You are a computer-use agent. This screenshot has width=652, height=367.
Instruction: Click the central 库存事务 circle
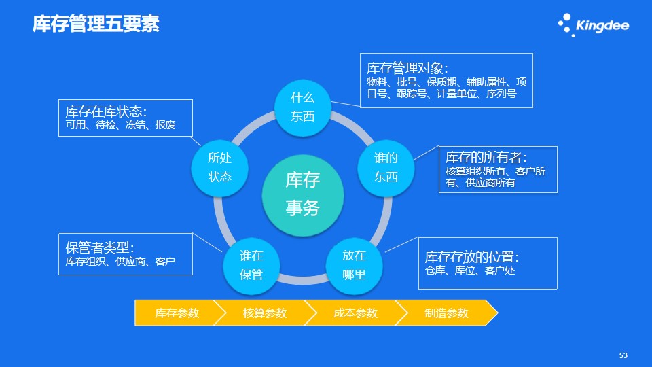[303, 195]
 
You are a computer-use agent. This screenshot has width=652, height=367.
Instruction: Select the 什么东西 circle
[303, 108]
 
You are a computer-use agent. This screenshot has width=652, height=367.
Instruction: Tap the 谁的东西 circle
[386, 168]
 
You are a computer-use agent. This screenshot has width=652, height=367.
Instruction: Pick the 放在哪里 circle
[354, 266]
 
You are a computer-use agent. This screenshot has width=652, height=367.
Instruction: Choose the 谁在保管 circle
[251, 266]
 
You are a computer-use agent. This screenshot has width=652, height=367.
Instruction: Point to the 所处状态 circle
[219, 168]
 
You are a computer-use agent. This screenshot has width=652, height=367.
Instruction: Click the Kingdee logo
[594, 25]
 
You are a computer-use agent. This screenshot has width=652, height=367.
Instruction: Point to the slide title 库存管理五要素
[96, 24]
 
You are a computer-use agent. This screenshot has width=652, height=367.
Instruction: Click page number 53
[623, 355]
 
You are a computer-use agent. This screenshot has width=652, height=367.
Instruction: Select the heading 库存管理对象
[407, 68]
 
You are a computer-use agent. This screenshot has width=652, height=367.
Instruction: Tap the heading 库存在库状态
[106, 111]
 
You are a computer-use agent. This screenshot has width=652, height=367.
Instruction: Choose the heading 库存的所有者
[486, 157]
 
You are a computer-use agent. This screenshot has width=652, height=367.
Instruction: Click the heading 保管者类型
[100, 247]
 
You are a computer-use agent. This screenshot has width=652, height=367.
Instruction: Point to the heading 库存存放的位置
[472, 257]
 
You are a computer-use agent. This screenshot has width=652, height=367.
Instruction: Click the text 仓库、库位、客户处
[470, 270]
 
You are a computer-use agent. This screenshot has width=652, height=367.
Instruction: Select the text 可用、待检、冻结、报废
[121, 125]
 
